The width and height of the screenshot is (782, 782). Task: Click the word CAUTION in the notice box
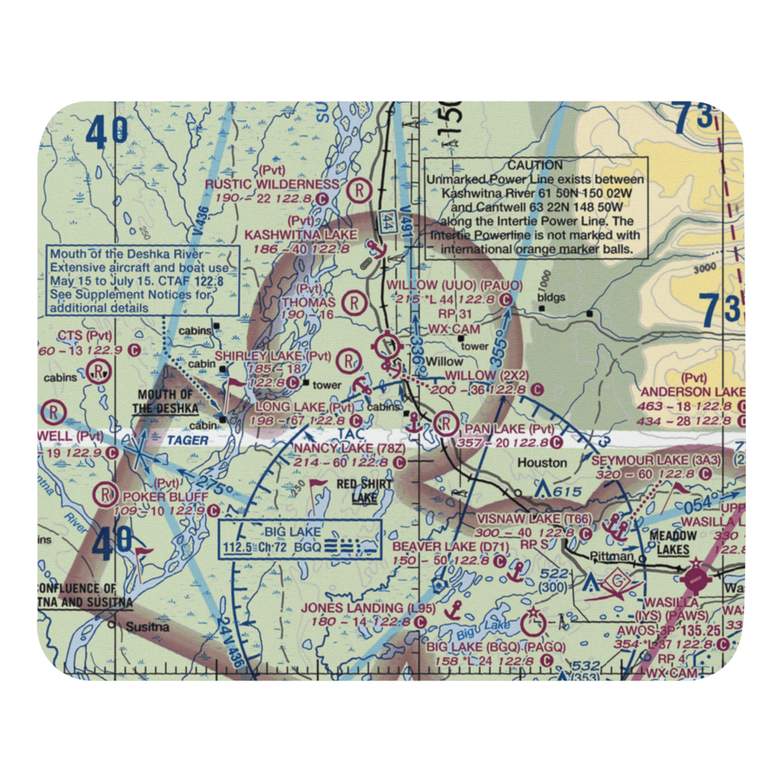pyautogui.click(x=535, y=165)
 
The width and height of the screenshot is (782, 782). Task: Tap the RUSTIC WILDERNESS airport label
pyautogui.click(x=273, y=185)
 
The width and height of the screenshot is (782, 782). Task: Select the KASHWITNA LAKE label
pyautogui.click(x=301, y=234)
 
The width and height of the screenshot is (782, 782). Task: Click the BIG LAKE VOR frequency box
pyautogui.click(x=300, y=539)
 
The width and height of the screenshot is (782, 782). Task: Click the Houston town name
pyautogui.click(x=542, y=463)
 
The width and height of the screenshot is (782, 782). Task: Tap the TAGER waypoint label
pyautogui.click(x=188, y=440)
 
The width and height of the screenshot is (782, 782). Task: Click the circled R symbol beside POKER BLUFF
pyautogui.click(x=105, y=495)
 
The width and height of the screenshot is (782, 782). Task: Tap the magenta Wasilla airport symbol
pyautogui.click(x=694, y=581)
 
